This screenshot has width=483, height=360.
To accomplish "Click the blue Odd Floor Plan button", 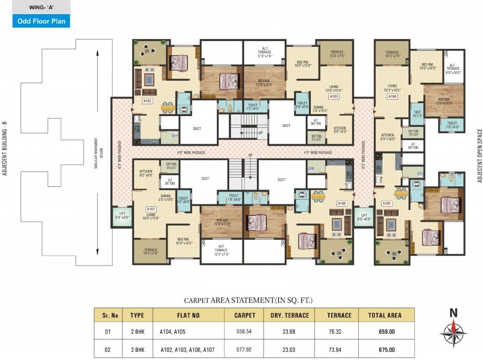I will pos(41,21).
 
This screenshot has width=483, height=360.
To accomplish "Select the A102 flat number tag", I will pos(147,101).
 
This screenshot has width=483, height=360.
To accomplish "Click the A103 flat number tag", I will pos(334,96).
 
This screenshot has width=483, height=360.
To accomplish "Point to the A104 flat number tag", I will pos(393,96).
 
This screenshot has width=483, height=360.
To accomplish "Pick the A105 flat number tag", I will pos(386,203).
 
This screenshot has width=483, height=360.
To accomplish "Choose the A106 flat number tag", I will pos(342,204).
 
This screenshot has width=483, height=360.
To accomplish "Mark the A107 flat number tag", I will pos(151,209).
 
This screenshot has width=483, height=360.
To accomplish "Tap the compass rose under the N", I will pos(453,332).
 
